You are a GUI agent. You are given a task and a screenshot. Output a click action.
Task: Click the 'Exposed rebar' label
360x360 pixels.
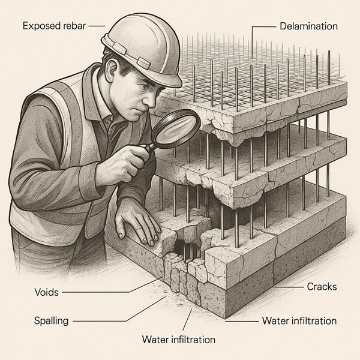point(55,26)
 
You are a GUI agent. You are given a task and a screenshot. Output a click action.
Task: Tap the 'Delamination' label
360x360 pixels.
point(308,26)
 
